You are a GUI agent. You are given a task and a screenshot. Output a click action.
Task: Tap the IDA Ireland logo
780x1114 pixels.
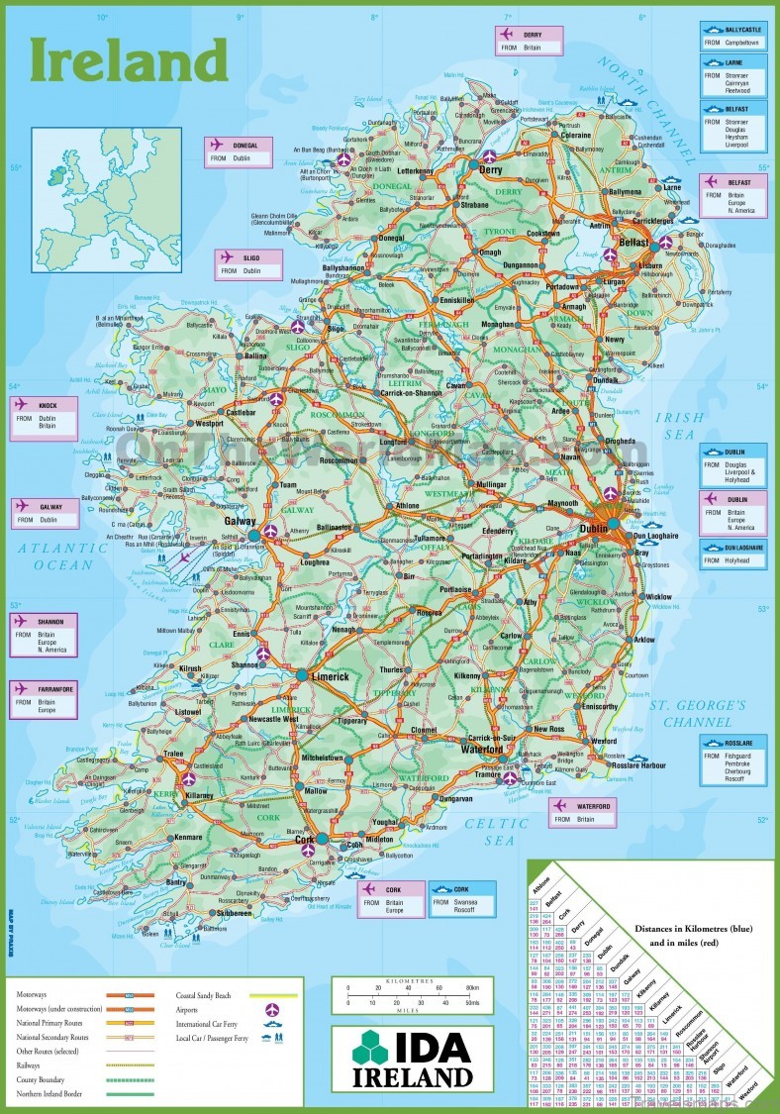click(412, 1059)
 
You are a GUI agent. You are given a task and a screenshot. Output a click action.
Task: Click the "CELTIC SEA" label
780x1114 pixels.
click(499, 831)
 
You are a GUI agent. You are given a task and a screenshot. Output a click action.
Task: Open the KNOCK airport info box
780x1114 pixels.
click(46, 417)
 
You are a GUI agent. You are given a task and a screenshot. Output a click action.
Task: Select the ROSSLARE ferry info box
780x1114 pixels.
click(732, 760)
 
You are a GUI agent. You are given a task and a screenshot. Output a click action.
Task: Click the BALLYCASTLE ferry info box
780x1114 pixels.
click(732, 36)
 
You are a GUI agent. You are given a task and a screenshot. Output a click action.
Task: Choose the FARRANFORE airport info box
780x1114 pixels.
click(46, 699)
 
